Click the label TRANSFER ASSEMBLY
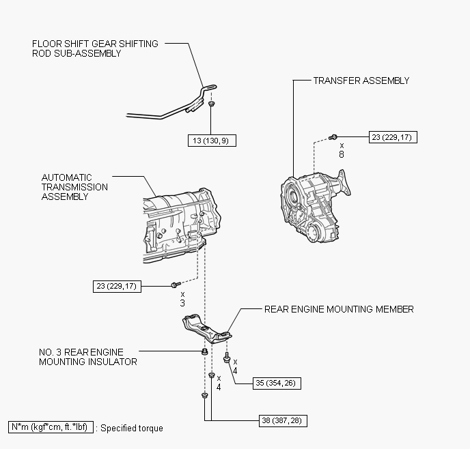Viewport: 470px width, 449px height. (361, 81)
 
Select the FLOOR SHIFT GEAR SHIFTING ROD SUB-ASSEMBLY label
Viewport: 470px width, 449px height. (95, 48)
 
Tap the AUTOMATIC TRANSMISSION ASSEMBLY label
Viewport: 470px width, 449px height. (74, 187)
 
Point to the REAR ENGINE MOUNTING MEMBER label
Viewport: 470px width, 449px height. (339, 309)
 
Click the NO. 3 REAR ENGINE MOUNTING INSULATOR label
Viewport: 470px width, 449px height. (87, 358)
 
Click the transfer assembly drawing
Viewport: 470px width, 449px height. (316, 203)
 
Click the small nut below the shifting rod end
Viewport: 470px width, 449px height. (212, 105)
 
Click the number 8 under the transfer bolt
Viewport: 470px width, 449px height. (342, 155)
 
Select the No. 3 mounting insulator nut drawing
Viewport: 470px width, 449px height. (204, 351)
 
